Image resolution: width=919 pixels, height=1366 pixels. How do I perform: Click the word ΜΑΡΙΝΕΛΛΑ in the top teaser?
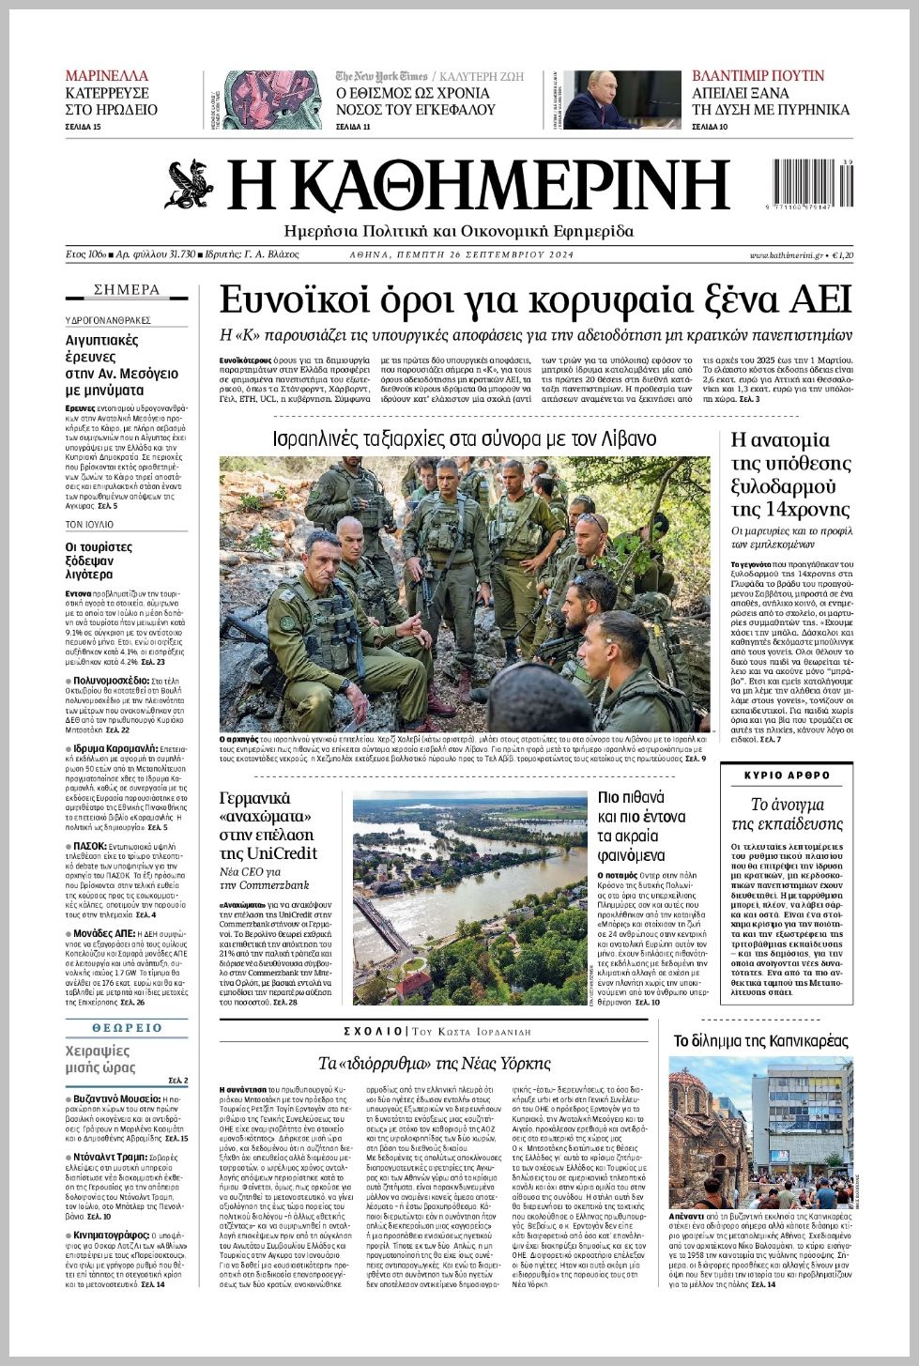point(107,76)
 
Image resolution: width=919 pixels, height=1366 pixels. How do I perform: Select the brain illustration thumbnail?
point(260,100)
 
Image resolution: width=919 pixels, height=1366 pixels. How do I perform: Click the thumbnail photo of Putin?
point(622,100)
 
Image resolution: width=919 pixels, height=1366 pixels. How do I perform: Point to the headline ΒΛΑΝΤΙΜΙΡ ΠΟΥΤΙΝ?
point(758,76)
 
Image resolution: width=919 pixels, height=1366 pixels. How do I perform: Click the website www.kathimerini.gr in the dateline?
point(786,255)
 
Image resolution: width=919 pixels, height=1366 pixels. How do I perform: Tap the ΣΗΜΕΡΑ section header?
point(127,290)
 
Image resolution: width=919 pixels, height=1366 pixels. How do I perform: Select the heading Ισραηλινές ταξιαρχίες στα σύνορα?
point(464,438)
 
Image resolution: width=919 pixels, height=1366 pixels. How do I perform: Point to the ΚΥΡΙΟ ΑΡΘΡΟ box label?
point(787,775)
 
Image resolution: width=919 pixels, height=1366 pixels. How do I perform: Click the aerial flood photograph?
point(468,899)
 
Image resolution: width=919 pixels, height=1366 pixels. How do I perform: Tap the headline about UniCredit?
point(268,826)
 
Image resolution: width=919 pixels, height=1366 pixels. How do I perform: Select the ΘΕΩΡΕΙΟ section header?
point(127,1028)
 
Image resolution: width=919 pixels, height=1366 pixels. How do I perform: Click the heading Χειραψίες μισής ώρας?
point(100,1059)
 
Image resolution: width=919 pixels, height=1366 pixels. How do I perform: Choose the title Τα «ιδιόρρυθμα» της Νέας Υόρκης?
point(434,1064)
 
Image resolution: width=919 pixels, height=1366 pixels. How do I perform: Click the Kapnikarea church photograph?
point(760,1131)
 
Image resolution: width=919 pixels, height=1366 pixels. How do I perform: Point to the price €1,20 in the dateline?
point(843,255)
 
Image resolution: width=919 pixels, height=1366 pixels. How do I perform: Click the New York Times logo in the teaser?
point(381,76)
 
